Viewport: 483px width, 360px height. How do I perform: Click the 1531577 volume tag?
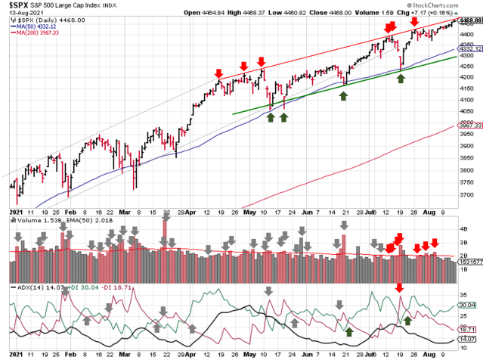(x=469, y=261)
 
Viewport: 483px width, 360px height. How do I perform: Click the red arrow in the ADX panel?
(x=400, y=288)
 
